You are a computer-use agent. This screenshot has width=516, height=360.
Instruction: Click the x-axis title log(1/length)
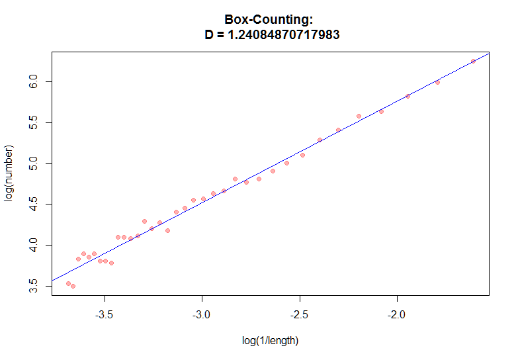pyautogui.click(x=271, y=341)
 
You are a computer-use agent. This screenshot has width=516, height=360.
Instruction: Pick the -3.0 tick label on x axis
pyautogui.click(x=202, y=316)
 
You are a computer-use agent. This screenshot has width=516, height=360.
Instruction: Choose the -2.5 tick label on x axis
pyautogui.click(x=300, y=316)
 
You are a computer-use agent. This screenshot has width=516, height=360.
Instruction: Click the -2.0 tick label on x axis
pyautogui.click(x=398, y=316)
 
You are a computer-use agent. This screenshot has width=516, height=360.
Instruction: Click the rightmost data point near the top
pyautogui.click(x=473, y=61)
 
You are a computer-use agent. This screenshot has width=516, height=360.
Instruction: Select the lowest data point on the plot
pyautogui.click(x=73, y=286)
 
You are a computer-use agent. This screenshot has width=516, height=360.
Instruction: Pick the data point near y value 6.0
pyautogui.click(x=437, y=82)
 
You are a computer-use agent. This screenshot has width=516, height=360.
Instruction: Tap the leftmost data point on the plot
pyautogui.click(x=68, y=283)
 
